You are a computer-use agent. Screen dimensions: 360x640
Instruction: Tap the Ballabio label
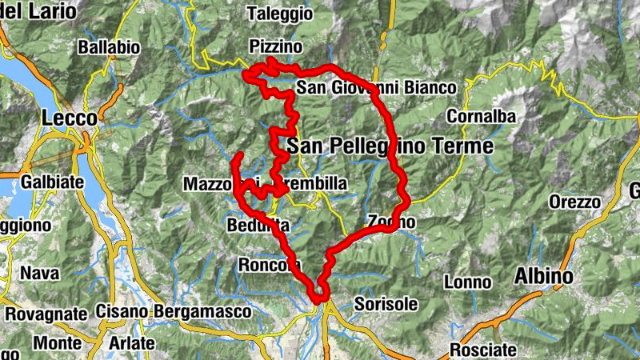pos(109,48)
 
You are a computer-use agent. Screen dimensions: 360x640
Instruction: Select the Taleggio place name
pos(279,14)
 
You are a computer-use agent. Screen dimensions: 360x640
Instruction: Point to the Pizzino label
pos(275,46)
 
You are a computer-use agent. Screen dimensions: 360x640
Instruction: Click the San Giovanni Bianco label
pos(376,87)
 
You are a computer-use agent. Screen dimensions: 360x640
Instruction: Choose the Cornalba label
pos(481,117)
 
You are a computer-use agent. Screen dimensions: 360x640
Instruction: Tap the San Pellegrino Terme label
pos(390,146)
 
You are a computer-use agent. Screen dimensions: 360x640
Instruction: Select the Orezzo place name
pos(574,202)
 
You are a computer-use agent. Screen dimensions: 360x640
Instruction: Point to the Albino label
pos(544,277)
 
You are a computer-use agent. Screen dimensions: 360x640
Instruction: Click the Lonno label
pos(468,282)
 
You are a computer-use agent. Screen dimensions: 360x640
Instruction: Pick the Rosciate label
pos(483,350)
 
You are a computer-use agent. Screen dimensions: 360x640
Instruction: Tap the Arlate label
pos(131,342)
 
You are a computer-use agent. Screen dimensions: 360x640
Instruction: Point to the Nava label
pos(40,273)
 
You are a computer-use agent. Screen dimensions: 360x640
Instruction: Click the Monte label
pos(57,342)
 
